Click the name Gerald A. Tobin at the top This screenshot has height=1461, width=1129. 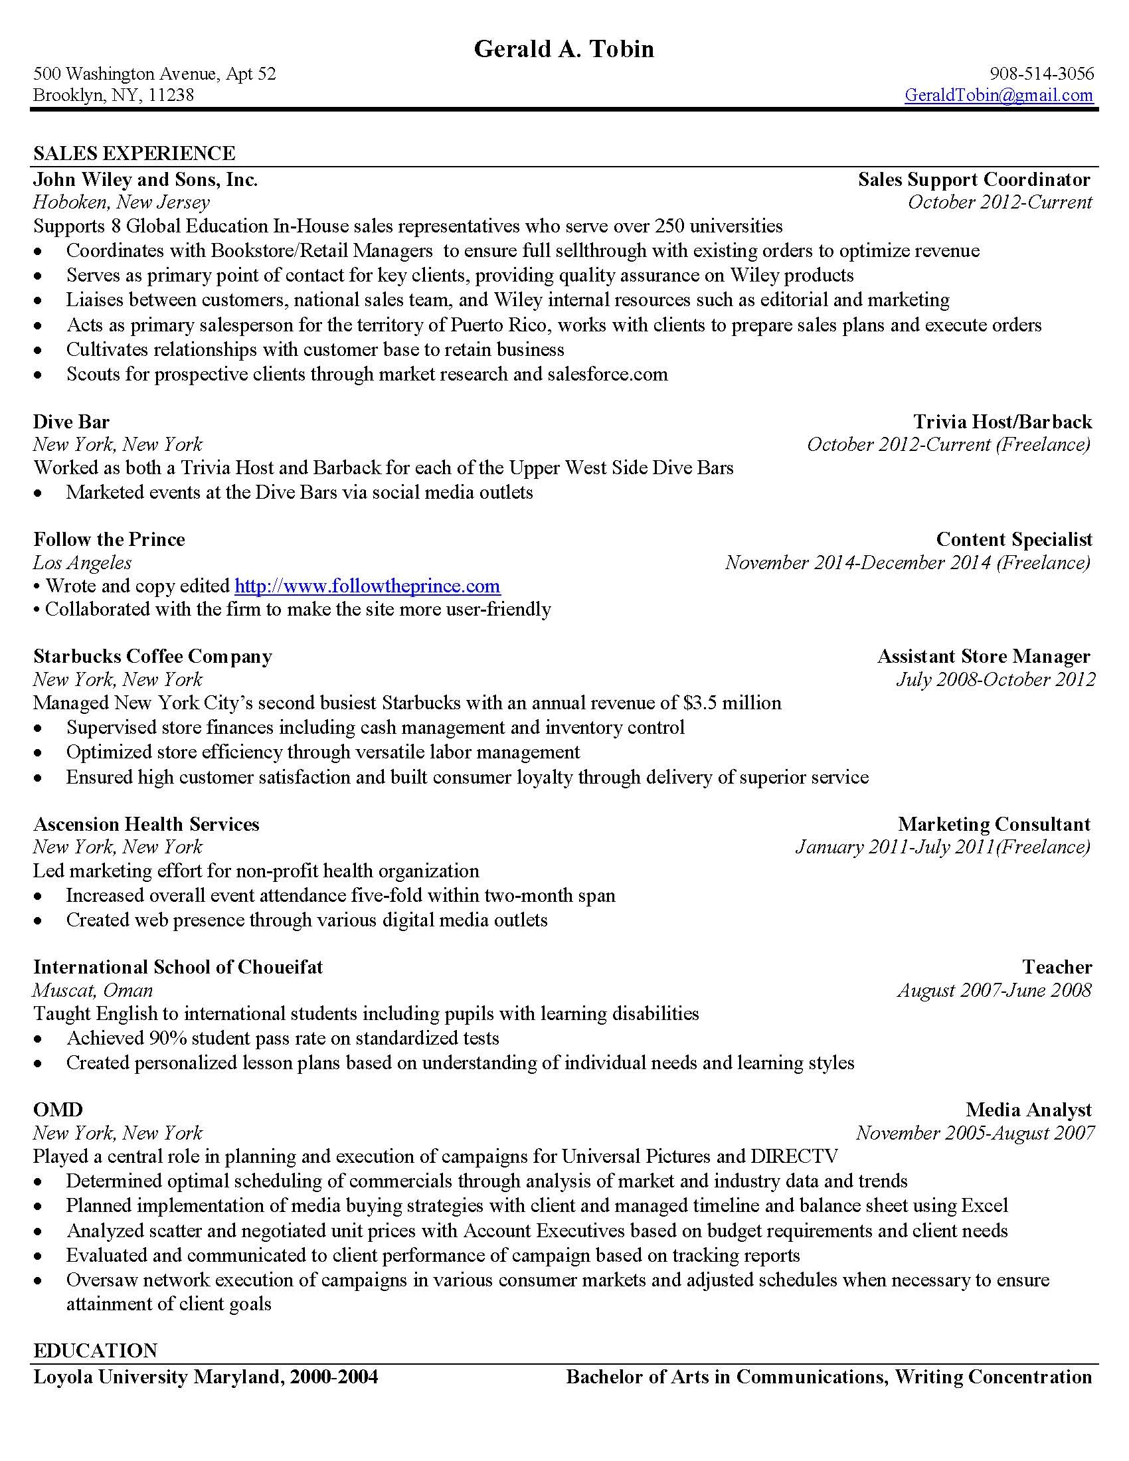click(x=564, y=49)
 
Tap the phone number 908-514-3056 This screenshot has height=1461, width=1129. click(x=1041, y=73)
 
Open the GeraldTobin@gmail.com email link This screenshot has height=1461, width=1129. click(x=999, y=95)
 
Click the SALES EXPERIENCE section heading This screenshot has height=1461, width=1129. click(x=134, y=153)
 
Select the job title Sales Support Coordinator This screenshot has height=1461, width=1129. click(x=974, y=179)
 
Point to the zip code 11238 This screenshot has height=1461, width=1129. click(x=171, y=95)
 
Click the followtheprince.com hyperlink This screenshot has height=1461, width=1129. click(x=367, y=586)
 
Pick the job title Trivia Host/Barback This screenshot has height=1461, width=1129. click(x=1003, y=422)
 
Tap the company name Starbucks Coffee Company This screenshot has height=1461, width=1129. click(x=153, y=656)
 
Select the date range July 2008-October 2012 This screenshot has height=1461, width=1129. click(x=996, y=679)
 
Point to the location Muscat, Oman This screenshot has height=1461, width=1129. click(x=93, y=990)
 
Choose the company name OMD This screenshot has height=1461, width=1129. click(x=58, y=1110)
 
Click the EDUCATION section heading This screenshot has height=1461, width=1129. click(x=96, y=1351)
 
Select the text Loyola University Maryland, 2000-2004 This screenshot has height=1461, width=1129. click(x=205, y=1377)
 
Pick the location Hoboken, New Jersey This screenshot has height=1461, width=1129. click(x=121, y=202)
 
